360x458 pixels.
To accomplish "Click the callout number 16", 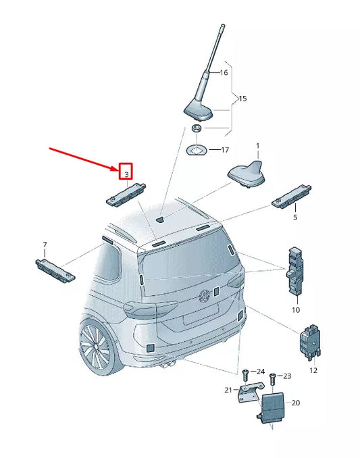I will (x=224, y=72).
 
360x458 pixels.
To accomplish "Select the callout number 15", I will (x=242, y=99).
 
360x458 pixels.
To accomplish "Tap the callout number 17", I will (x=226, y=150).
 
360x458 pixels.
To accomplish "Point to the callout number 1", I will (x=257, y=146).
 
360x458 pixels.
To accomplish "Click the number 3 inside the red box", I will (x=126, y=174).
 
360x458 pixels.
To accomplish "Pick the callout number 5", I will (x=294, y=218).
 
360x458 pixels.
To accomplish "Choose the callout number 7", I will (x=45, y=244).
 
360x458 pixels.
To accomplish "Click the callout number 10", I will (x=295, y=310).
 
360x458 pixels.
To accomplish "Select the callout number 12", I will (x=313, y=371).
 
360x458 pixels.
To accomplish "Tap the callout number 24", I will (x=261, y=372).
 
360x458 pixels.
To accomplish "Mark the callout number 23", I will (x=286, y=376).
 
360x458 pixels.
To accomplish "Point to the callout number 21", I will (x=228, y=390).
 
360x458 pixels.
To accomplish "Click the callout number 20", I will (x=295, y=403).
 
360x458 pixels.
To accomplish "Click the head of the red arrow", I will (x=115, y=170).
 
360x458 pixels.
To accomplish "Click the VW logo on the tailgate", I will (x=202, y=296).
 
